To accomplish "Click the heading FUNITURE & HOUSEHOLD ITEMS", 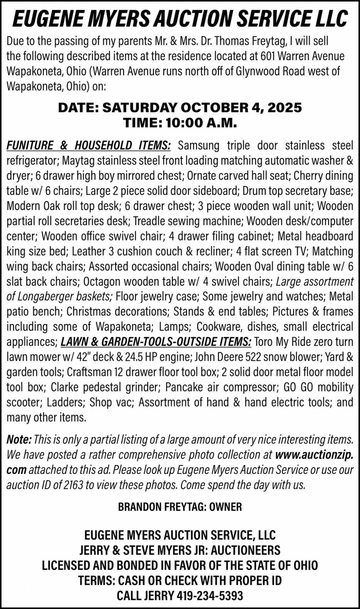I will click(89, 146).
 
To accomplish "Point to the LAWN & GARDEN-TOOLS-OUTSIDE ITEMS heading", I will click(156, 342).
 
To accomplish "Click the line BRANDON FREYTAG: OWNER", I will click(180, 507).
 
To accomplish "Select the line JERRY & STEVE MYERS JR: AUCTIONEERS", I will click(180, 550).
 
